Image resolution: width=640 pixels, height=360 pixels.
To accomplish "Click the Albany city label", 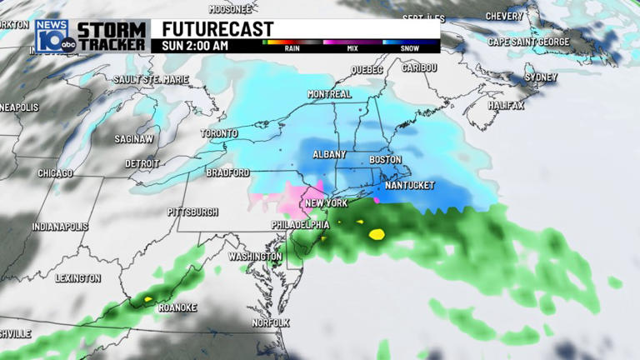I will click(330, 155).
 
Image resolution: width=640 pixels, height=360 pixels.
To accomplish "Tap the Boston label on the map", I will click(385, 159).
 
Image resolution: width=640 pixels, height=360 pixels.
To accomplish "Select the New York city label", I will click(326, 204).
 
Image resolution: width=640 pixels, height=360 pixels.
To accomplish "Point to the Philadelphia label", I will click(301, 225).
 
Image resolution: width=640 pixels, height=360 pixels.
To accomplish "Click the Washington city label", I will click(255, 257).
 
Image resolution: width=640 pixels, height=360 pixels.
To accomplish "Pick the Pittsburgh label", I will click(192, 212).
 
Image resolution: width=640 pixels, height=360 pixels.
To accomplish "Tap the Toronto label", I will click(219, 133).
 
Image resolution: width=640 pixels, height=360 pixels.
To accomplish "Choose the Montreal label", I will click(329, 94).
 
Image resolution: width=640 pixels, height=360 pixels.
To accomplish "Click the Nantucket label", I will click(408, 185).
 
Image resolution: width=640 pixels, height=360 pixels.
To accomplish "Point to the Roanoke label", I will click(177, 307).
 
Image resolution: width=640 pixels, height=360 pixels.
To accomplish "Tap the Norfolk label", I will click(271, 322).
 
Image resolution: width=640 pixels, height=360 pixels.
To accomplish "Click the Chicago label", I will click(56, 173).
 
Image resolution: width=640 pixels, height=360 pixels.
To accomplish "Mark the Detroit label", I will click(142, 163).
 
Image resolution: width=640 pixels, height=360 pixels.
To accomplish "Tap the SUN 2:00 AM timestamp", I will click(195, 46).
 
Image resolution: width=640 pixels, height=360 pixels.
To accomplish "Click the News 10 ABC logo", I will click(53, 36).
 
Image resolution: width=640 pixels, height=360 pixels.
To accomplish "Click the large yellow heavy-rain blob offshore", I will click(376, 234).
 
